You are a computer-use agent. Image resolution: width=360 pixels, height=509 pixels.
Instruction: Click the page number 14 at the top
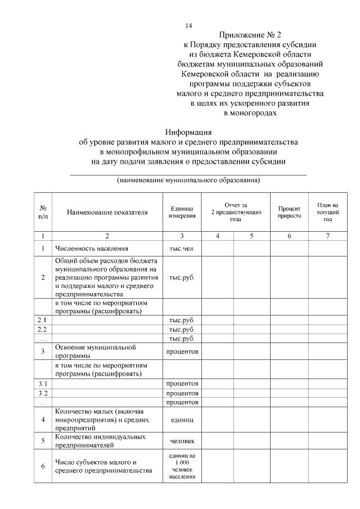(189, 26)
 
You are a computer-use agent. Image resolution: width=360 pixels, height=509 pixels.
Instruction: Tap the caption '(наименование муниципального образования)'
(188, 181)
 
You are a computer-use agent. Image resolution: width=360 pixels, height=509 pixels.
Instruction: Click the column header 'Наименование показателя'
(107, 213)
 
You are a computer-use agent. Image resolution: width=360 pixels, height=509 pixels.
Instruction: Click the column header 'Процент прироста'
(289, 212)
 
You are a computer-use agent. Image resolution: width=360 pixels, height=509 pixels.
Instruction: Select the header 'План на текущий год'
(328, 212)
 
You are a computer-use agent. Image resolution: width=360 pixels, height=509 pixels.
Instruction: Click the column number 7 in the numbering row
(328, 235)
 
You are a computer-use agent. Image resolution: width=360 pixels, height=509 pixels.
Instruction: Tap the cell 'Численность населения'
(92, 248)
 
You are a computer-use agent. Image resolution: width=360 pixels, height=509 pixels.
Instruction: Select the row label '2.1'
(43, 319)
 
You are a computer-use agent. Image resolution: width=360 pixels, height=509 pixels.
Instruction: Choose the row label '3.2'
(43, 393)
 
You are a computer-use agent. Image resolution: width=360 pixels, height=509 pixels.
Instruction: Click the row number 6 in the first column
(43, 466)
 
